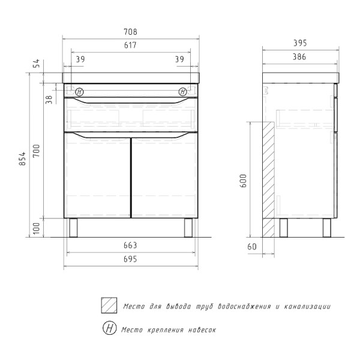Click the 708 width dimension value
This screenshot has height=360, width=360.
[x=130, y=32]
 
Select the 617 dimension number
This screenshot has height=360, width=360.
[x=130, y=45]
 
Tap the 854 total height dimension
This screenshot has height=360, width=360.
[x=23, y=158]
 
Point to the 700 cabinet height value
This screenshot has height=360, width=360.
[x=36, y=151]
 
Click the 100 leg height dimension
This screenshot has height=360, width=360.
[x=36, y=228]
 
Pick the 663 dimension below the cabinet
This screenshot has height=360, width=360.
[x=130, y=245]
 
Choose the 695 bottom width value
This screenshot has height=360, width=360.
[x=130, y=259]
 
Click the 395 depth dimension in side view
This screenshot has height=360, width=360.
[x=300, y=43]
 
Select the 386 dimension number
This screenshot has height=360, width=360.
[x=299, y=57]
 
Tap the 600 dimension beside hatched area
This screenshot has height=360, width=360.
[x=243, y=181]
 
